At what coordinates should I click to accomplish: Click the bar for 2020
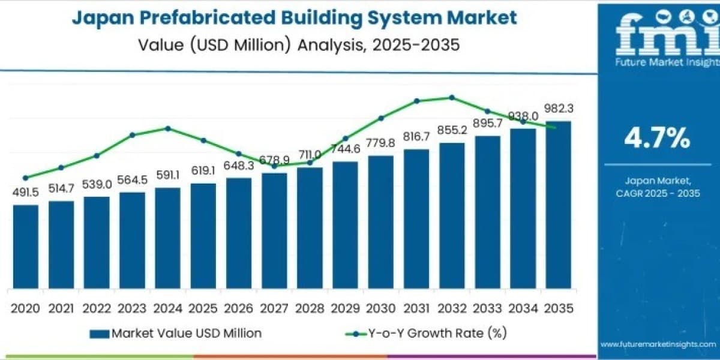(x=26, y=247)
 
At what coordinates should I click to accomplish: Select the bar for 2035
(x=559, y=205)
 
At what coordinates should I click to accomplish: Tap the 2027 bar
(x=274, y=231)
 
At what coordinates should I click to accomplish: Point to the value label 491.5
(x=26, y=193)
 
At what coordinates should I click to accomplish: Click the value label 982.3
(x=559, y=109)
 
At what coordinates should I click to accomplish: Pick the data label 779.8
(x=380, y=143)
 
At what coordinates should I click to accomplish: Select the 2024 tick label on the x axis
(x=167, y=308)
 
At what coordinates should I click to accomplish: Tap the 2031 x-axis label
(x=416, y=308)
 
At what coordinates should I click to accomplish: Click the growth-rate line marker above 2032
(x=452, y=97)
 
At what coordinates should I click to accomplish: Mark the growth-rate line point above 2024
(x=168, y=128)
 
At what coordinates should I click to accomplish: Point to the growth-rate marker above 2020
(x=26, y=178)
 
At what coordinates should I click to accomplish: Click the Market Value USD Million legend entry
(x=175, y=334)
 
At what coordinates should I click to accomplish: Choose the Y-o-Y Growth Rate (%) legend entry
(x=426, y=334)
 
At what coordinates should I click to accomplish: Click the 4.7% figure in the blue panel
(x=658, y=138)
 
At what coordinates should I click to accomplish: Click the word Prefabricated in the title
(x=208, y=17)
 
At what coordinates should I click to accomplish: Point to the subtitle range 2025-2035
(x=416, y=44)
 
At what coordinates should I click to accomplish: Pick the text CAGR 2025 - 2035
(x=658, y=193)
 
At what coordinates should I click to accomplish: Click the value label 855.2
(x=452, y=130)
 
